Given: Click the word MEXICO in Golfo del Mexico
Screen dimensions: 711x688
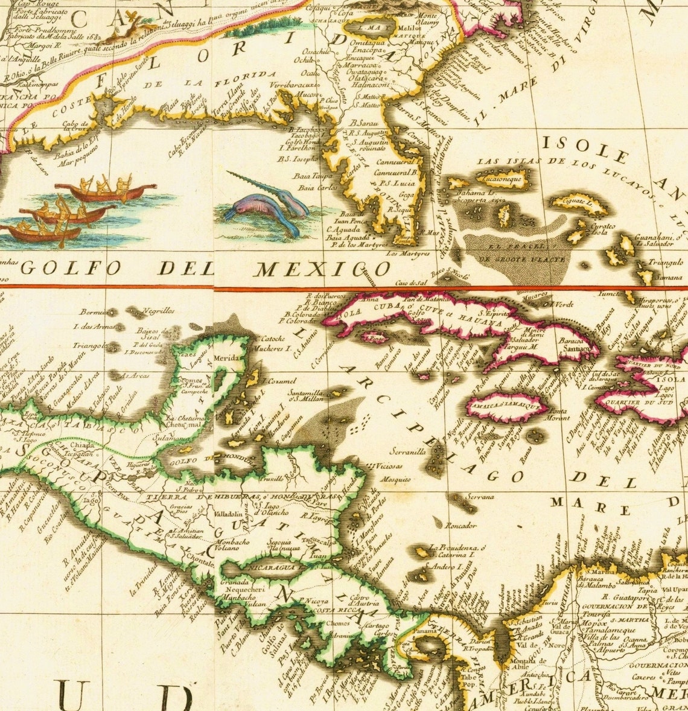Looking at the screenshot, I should tap(322, 269).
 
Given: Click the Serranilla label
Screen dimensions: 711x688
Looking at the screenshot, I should tap(408, 450).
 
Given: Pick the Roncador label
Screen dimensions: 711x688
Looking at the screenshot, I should tap(461, 525).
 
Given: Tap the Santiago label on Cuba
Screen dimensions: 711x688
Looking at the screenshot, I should tap(572, 348).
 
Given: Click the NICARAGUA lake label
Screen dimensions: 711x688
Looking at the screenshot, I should tap(270, 568).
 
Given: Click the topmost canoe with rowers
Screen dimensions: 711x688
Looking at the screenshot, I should tap(106, 191).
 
